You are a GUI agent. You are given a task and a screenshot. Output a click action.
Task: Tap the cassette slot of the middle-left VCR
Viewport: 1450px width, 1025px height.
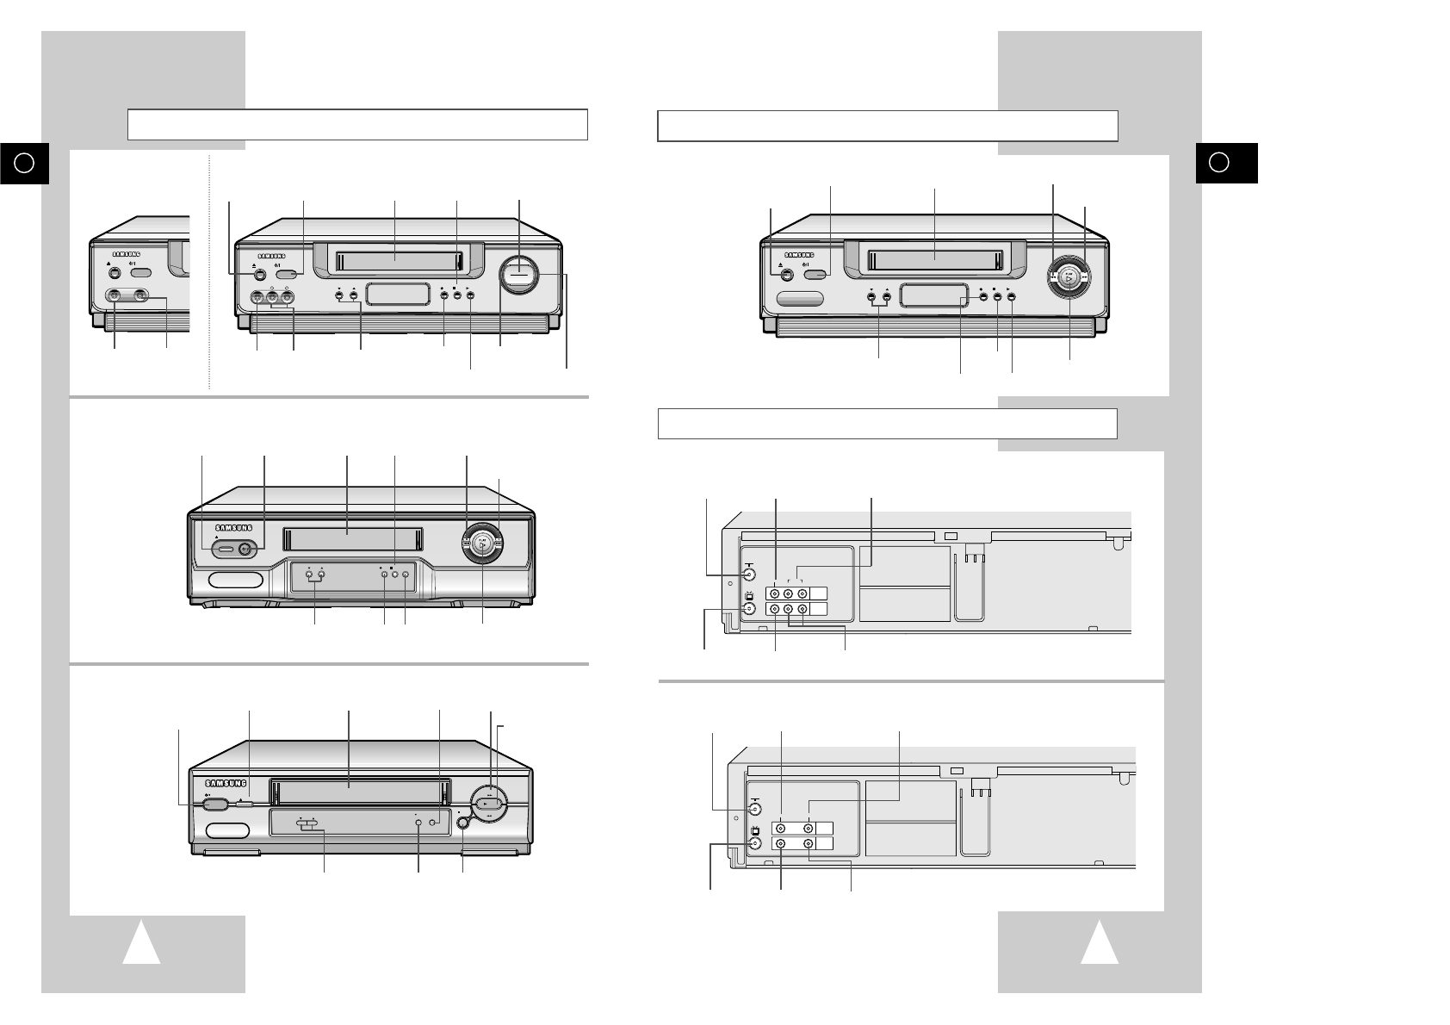pyautogui.click(x=348, y=540)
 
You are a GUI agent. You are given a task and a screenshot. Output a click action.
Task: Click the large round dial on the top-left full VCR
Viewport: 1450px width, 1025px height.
pyautogui.click(x=519, y=276)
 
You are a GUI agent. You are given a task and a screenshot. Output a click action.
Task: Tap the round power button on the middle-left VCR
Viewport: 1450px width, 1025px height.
pyautogui.click(x=247, y=549)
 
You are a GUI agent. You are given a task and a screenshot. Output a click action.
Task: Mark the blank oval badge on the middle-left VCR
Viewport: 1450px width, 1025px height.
pyautogui.click(x=235, y=581)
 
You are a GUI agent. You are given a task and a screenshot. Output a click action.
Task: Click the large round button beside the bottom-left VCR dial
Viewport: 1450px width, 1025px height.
pyautogui.click(x=464, y=823)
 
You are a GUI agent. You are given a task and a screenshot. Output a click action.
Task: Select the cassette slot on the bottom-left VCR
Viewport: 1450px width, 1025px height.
pyautogui.click(x=349, y=785)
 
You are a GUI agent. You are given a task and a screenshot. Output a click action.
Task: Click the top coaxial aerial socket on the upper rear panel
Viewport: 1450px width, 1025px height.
pyautogui.click(x=749, y=575)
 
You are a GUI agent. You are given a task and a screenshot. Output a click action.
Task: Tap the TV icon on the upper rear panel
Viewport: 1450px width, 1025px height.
pyautogui.click(x=748, y=595)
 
